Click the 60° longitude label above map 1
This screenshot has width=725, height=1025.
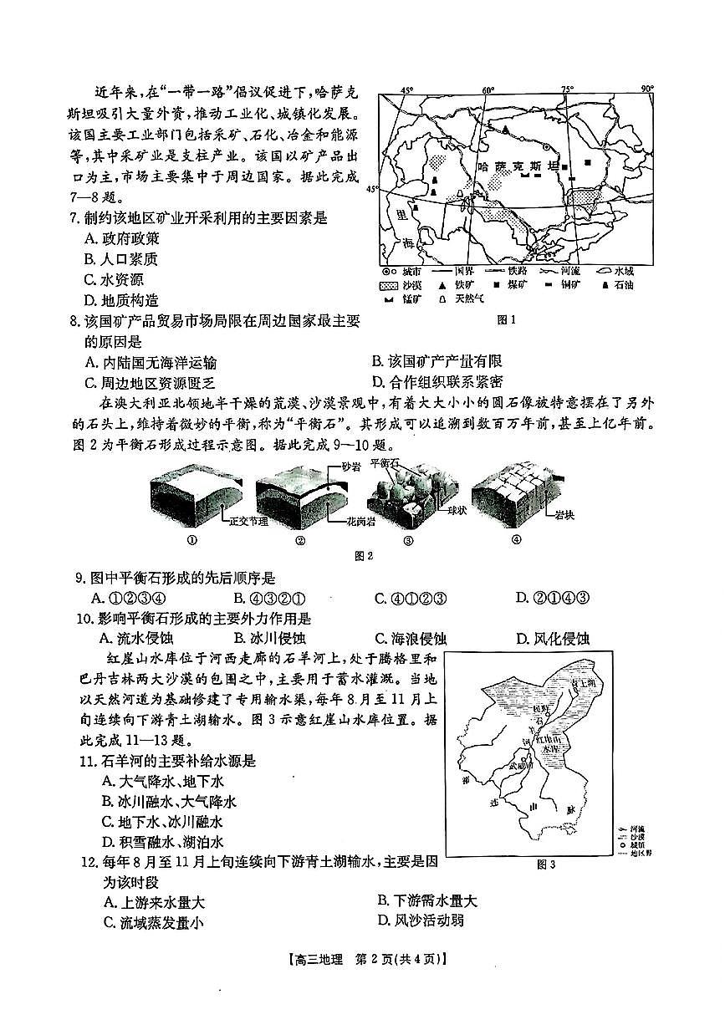tap(488, 89)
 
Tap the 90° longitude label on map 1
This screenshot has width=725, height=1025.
tap(646, 89)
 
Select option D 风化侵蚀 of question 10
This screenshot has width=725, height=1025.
tap(552, 639)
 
